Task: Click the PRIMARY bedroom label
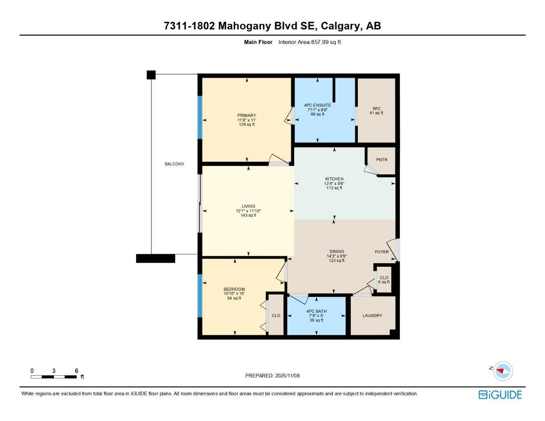click(x=246, y=116)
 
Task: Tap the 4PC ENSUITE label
click(x=317, y=105)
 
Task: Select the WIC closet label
click(x=376, y=109)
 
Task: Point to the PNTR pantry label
click(x=381, y=160)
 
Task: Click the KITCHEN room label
click(x=334, y=179)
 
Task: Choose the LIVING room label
click(x=248, y=206)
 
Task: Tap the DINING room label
click(x=336, y=252)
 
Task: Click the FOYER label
click(x=381, y=252)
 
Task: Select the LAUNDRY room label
click(x=372, y=316)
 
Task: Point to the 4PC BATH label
click(x=316, y=311)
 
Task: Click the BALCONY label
click(x=174, y=164)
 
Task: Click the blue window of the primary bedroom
click(x=200, y=117)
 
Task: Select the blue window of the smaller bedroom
click(x=200, y=296)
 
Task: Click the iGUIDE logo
click(x=500, y=395)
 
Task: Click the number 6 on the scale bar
click(x=77, y=371)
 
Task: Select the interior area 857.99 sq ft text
click(x=309, y=42)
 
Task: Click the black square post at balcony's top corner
click(x=151, y=75)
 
